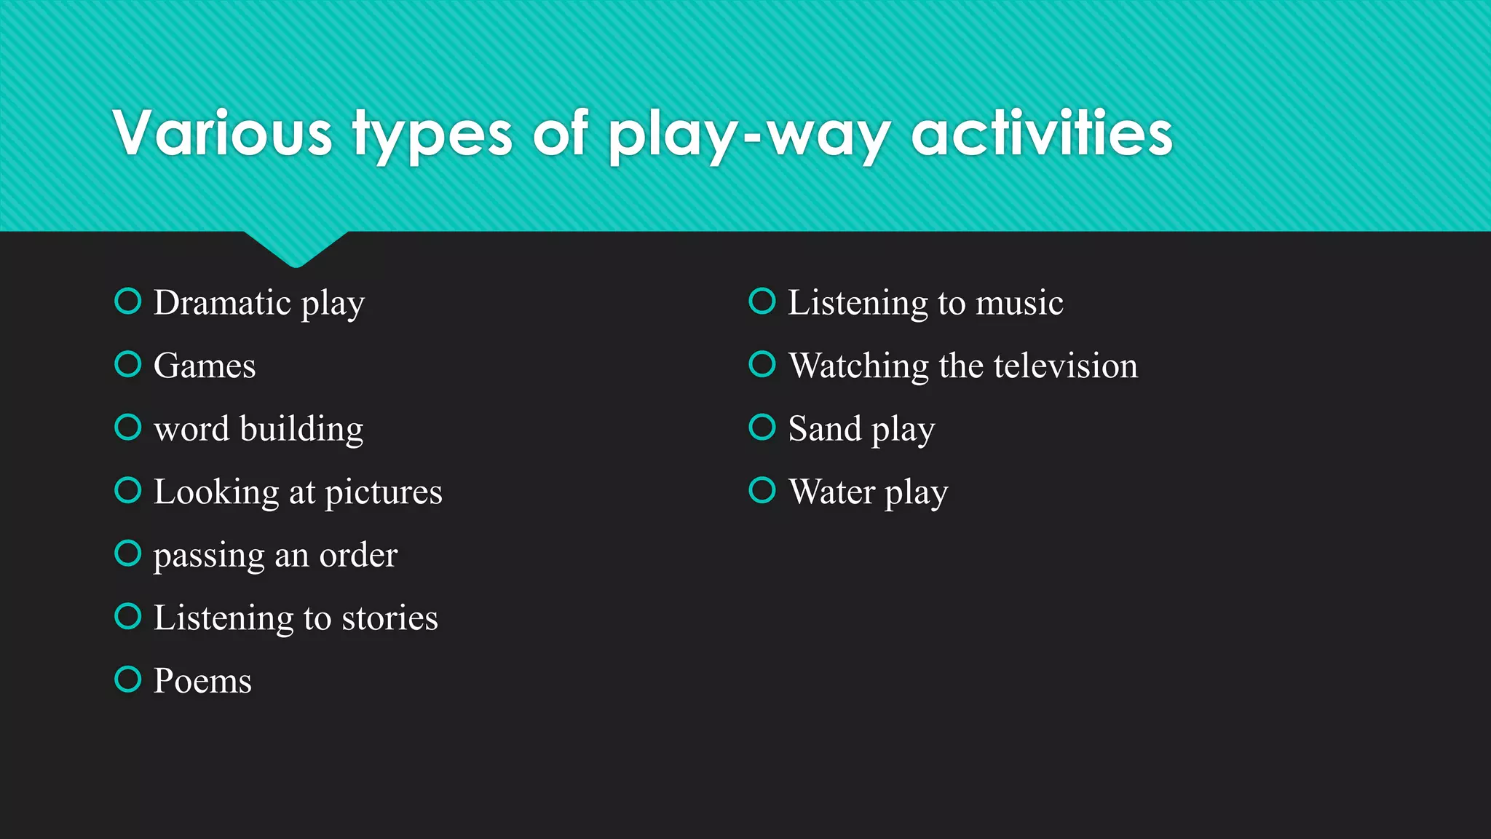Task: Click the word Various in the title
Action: (223, 133)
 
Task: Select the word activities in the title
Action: (1042, 133)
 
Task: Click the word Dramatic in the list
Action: (222, 302)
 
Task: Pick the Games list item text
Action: (205, 366)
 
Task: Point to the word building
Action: (301, 429)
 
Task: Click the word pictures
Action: (383, 492)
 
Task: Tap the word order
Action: (358, 556)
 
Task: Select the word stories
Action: (389, 618)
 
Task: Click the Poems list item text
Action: (202, 682)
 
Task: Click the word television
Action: (1065, 366)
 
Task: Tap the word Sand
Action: (825, 429)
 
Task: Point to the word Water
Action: (831, 492)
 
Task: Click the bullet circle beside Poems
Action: (128, 680)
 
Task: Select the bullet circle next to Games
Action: (128, 364)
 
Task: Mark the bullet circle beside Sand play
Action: (762, 428)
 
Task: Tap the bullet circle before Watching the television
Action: (762, 364)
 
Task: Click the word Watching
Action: (859, 366)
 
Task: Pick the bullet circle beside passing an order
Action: (128, 554)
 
